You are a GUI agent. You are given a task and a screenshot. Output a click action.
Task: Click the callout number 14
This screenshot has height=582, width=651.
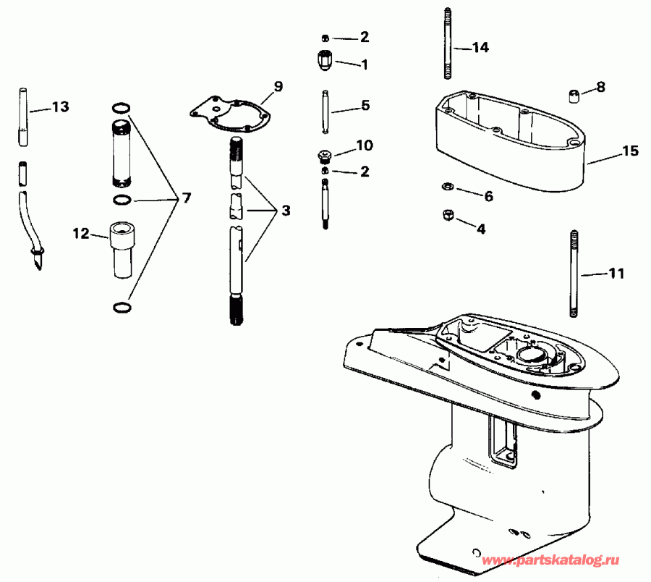click(x=480, y=48)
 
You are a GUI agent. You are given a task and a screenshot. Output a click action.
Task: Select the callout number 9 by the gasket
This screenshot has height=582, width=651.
click(x=278, y=87)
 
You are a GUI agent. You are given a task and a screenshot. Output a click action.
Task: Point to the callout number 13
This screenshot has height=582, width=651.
click(x=61, y=107)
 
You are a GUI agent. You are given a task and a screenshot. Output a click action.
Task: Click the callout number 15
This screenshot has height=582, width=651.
click(x=630, y=151)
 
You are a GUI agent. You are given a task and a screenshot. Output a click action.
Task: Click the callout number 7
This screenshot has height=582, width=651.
click(x=187, y=197)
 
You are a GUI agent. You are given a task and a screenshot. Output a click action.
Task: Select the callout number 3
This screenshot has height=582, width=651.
click(x=286, y=211)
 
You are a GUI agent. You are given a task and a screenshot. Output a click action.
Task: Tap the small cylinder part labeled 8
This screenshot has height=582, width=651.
click(x=573, y=95)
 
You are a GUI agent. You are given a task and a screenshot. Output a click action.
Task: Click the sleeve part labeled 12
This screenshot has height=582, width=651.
click(x=122, y=250)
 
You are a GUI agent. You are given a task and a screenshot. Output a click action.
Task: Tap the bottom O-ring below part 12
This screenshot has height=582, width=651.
click(x=122, y=308)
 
